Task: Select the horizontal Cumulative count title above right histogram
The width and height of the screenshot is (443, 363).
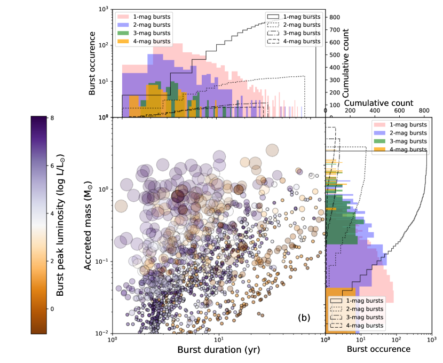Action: pos(378,102)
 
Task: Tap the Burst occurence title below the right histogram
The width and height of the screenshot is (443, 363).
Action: pos(378,349)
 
